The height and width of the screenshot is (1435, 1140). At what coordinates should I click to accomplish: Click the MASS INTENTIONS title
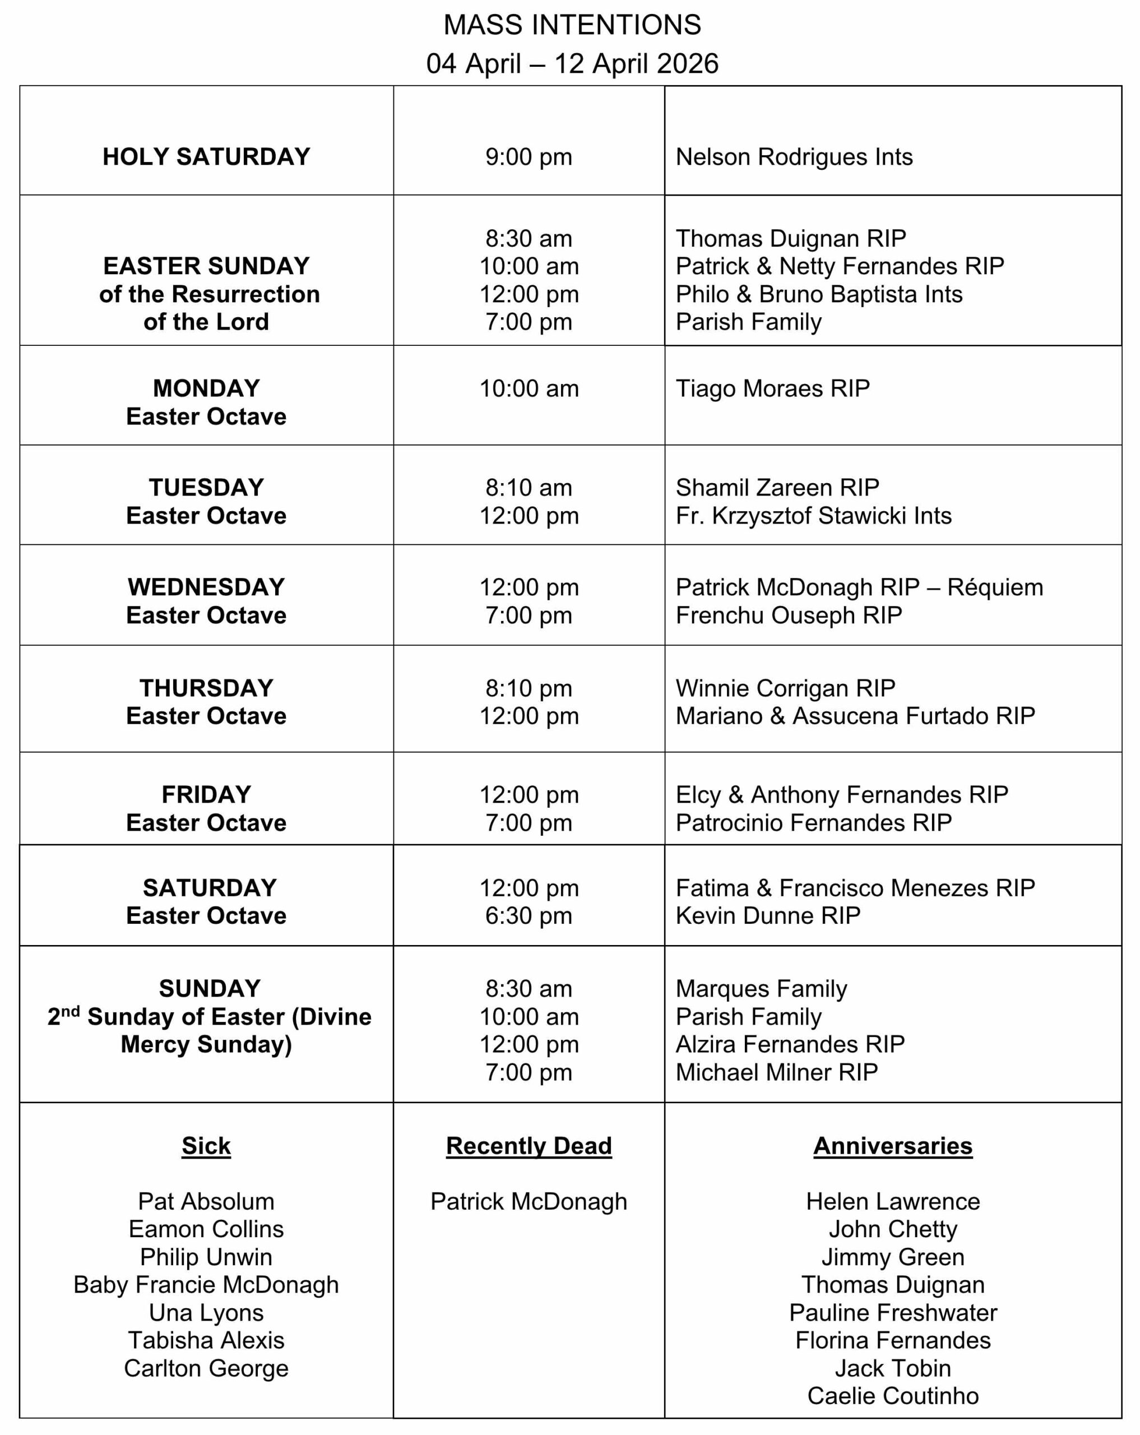(x=572, y=25)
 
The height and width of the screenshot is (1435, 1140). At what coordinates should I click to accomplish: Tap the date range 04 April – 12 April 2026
(x=572, y=64)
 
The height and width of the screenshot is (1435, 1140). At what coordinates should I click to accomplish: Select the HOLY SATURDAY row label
(x=206, y=157)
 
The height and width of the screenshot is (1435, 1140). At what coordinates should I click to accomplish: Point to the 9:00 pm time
(x=529, y=157)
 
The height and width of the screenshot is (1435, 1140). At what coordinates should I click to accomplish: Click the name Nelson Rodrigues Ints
(x=794, y=157)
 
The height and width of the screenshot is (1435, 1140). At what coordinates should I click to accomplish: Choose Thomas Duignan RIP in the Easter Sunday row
(x=791, y=238)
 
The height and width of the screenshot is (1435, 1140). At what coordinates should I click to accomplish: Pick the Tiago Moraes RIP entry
(x=773, y=388)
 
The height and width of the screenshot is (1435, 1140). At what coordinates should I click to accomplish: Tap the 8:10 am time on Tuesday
(x=529, y=488)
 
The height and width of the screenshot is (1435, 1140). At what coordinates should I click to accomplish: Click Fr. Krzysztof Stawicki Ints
(x=813, y=516)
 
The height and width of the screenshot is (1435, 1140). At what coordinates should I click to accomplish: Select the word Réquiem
(x=995, y=587)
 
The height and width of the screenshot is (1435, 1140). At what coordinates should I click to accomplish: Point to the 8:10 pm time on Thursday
(x=529, y=688)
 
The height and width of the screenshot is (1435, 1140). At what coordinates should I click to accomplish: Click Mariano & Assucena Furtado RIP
(x=855, y=716)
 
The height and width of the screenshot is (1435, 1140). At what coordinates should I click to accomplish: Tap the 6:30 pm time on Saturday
(x=529, y=916)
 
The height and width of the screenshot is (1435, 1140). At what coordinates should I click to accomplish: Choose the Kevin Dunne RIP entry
(x=768, y=916)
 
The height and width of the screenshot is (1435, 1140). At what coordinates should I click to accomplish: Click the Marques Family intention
(x=761, y=989)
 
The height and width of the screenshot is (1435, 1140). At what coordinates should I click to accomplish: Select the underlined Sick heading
(x=206, y=1146)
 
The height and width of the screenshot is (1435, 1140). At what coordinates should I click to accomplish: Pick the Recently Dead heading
(x=529, y=1146)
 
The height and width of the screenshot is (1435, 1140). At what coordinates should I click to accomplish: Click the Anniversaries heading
(x=892, y=1146)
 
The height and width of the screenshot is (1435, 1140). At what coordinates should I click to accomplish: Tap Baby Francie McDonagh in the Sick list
(x=206, y=1285)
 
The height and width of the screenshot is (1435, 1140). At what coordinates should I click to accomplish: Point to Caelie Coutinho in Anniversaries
(x=892, y=1396)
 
